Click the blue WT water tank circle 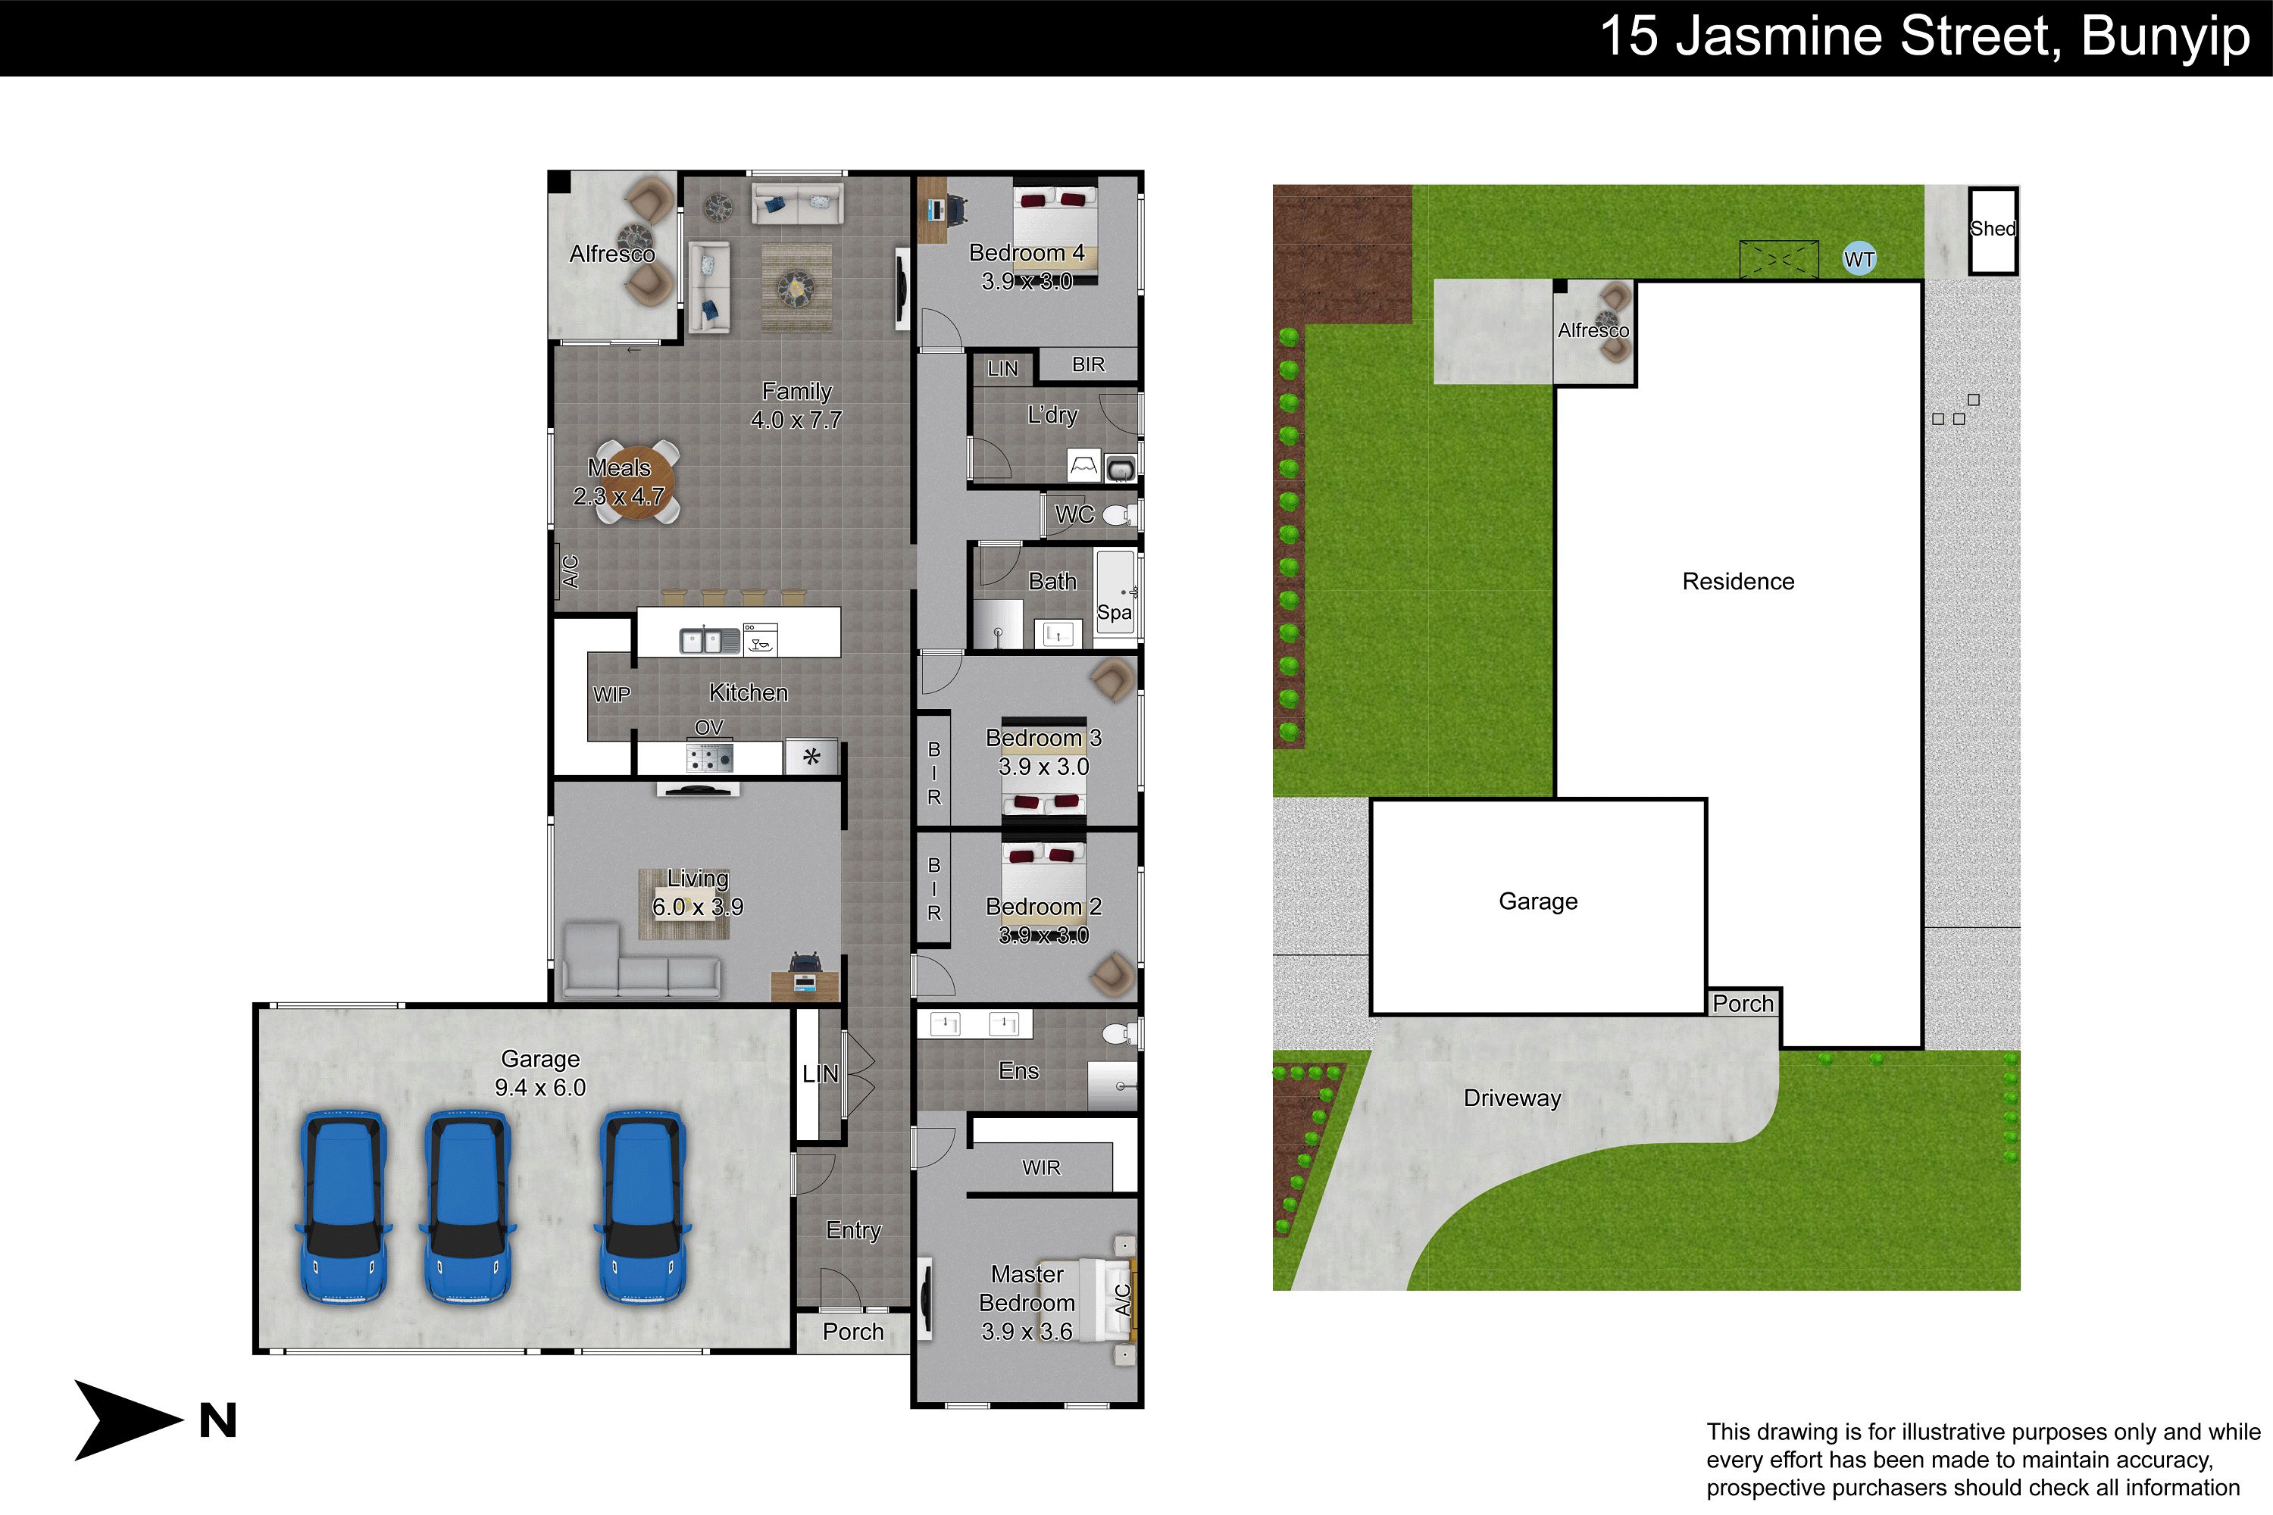[x=1859, y=258]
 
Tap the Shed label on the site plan [x=1993, y=229]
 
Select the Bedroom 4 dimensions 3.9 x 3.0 [x=1027, y=281]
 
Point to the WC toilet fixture [x=1119, y=514]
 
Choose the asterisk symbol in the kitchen [x=811, y=757]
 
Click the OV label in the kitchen [x=708, y=726]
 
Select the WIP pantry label [x=611, y=694]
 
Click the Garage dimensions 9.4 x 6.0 [x=540, y=1087]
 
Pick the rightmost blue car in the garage [x=643, y=1207]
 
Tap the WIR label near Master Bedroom [x=1041, y=1167]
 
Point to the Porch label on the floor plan [x=853, y=1332]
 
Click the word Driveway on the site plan [x=1512, y=1098]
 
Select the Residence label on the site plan [x=1737, y=581]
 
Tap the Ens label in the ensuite [x=1018, y=1070]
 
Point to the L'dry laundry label [x=1052, y=414]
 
